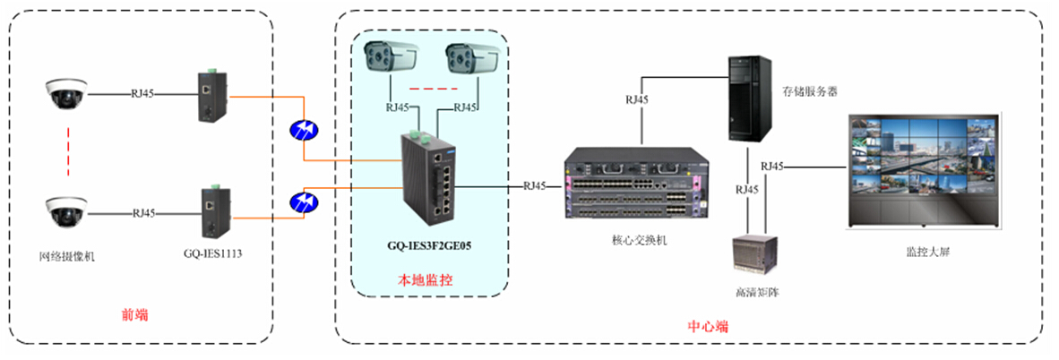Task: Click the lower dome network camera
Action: pyautogui.click(x=66, y=212)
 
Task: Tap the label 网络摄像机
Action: pyautogui.click(x=68, y=257)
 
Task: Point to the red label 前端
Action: pyautogui.click(x=134, y=314)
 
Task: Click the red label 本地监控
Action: pyautogui.click(x=425, y=280)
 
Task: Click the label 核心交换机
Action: pyautogui.click(x=633, y=241)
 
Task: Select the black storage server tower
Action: pyautogui.click(x=749, y=99)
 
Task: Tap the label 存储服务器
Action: pyautogui.click(x=809, y=90)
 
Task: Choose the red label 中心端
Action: pyautogui.click(x=707, y=327)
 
